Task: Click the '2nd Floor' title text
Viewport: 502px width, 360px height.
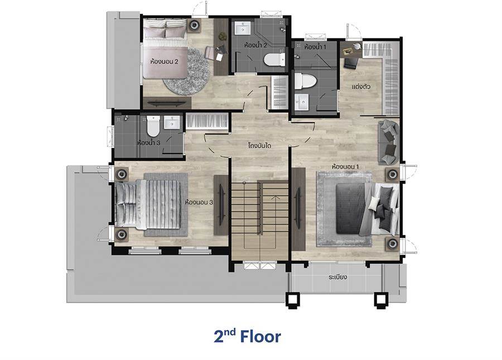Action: pos(247,337)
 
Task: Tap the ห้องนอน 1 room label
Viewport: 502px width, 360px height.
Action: pos(345,166)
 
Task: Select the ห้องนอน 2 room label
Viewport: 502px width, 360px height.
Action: pos(164,61)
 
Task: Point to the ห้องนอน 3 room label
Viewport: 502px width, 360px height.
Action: pos(199,203)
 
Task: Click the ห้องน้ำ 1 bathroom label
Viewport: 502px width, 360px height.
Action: pos(315,47)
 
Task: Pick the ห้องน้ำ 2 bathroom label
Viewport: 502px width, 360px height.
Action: pos(255,45)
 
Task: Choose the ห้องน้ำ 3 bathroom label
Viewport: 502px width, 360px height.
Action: pos(148,143)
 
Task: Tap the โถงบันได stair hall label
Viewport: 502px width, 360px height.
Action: pos(259,146)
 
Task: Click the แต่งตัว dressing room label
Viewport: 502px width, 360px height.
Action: pos(361,87)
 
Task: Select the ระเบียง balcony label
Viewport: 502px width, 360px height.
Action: pos(338,277)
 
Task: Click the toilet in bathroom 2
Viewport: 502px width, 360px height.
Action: pos(274,60)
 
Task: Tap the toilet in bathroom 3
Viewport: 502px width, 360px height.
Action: pos(153,126)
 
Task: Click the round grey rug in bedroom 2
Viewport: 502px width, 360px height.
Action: pos(187,71)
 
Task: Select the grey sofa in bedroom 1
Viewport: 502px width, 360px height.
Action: pos(389,142)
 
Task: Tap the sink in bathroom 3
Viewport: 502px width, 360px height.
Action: pos(172,122)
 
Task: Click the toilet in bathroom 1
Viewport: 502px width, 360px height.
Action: pos(305,81)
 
